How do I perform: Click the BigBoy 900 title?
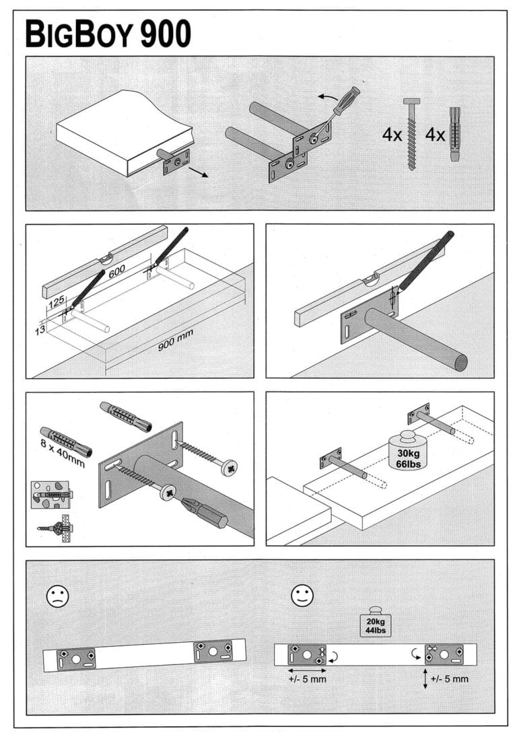pyautogui.click(x=108, y=34)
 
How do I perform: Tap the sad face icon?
pyautogui.click(x=57, y=595)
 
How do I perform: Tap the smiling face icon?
pyautogui.click(x=302, y=595)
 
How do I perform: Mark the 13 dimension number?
pyautogui.click(x=40, y=330)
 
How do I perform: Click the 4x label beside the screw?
pyautogui.click(x=392, y=135)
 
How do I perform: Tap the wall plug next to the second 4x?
pyautogui.click(x=456, y=135)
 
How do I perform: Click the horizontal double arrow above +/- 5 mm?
pyautogui.click(x=307, y=670)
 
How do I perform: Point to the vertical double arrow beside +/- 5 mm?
pyautogui.click(x=425, y=678)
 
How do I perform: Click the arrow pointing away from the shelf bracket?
pyautogui.click(x=198, y=173)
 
